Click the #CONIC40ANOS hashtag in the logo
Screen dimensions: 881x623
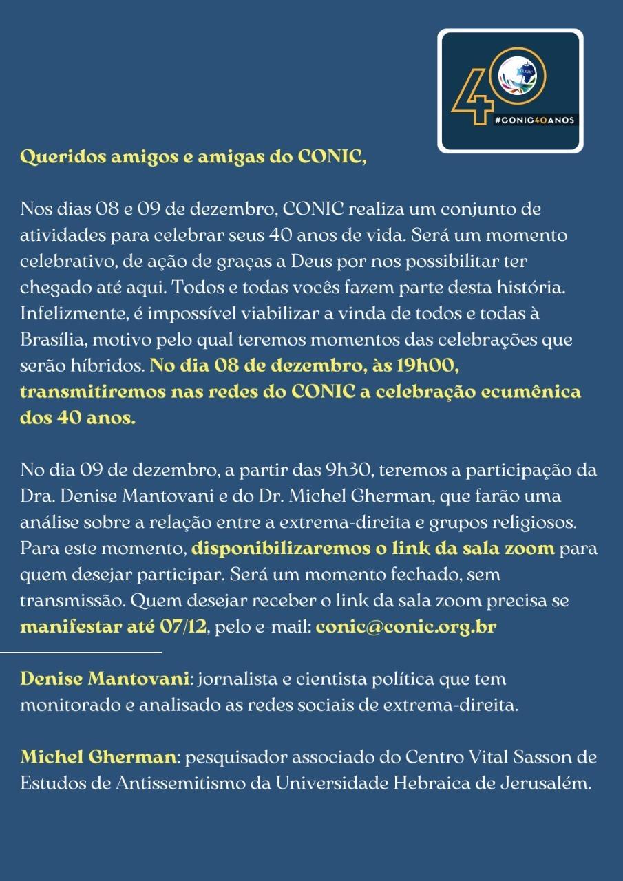534,120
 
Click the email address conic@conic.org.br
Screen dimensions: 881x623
406,627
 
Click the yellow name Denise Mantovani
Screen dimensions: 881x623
105,679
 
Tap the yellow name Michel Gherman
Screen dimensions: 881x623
98,757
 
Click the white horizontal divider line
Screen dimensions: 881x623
81,651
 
